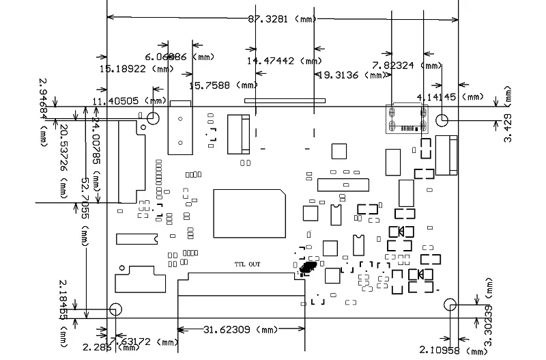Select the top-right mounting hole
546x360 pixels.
pyautogui.click(x=442, y=119)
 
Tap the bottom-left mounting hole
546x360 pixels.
pyautogui.click(x=114, y=309)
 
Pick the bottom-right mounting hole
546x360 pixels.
pyautogui.click(x=450, y=304)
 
